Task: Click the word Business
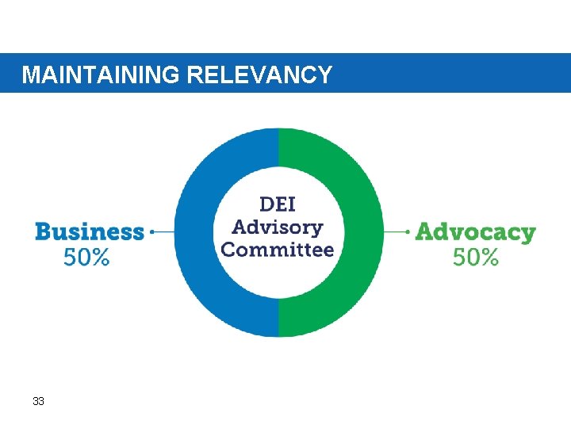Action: (x=90, y=232)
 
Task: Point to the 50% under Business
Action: (x=86, y=258)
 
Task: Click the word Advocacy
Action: (x=475, y=233)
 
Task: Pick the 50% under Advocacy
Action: (x=476, y=258)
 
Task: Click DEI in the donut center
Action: (x=278, y=204)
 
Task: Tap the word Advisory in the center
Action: (x=278, y=228)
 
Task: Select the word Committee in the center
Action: (x=278, y=250)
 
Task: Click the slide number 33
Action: (x=38, y=402)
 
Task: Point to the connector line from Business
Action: (x=163, y=232)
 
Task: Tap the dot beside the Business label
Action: (x=151, y=232)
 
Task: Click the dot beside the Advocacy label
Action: (x=408, y=232)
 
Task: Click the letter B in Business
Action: (x=43, y=232)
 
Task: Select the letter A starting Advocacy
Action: (x=424, y=232)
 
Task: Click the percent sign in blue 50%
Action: (x=99, y=258)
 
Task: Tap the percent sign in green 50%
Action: (x=489, y=258)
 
